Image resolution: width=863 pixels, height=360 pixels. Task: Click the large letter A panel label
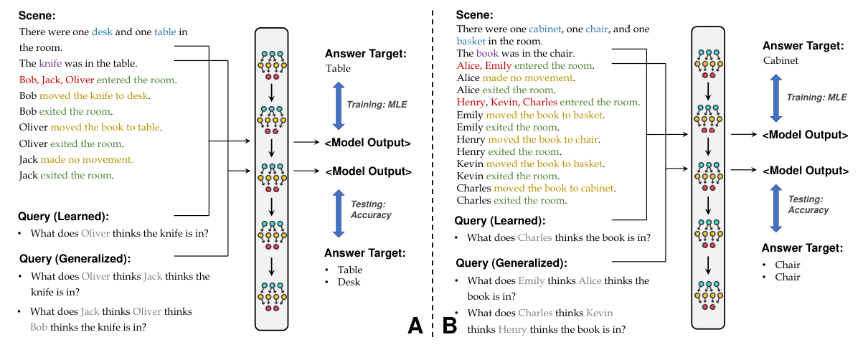(415, 326)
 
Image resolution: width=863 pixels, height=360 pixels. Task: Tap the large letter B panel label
(450, 326)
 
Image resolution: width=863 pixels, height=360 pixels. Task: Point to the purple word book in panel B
(487, 53)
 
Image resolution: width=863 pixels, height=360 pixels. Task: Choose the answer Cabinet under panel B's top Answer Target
(781, 61)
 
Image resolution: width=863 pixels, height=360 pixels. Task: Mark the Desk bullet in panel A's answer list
(349, 282)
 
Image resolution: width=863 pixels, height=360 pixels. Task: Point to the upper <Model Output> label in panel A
(368, 143)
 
